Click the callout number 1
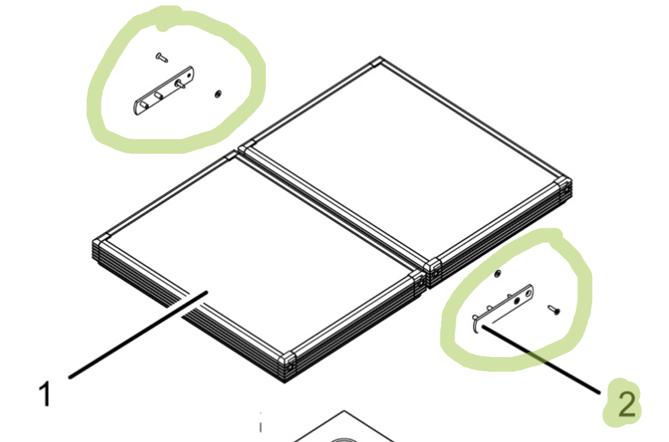point(45,394)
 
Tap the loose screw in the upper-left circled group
point(161,57)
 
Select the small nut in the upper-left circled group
point(218,93)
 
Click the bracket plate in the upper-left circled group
point(164,90)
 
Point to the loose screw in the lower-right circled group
point(554,310)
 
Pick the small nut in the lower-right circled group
point(497,274)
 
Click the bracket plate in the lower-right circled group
point(503,308)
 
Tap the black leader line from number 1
point(138,335)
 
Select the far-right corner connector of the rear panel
point(564,186)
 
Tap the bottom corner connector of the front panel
point(287,361)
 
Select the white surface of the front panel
point(256,256)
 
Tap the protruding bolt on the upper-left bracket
point(180,83)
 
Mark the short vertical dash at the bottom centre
point(261,426)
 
